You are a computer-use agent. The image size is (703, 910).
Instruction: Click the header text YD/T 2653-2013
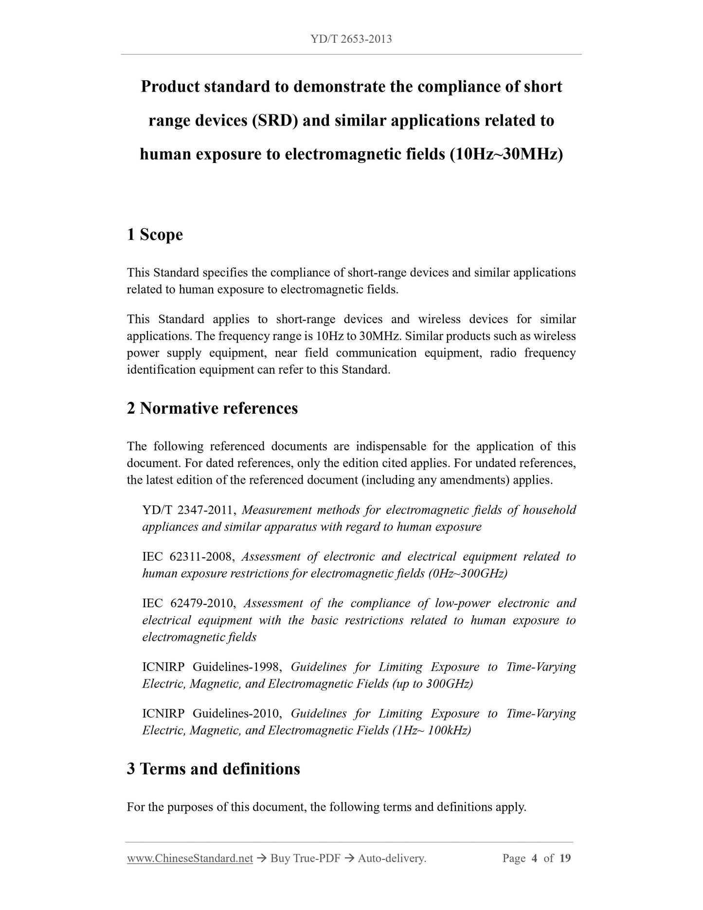coord(351,39)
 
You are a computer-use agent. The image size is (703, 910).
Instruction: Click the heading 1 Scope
coord(155,235)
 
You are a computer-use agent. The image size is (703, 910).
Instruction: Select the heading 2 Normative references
coord(212,408)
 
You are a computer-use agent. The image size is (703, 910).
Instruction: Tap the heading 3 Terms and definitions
coord(213,769)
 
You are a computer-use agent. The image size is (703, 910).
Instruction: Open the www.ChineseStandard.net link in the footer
coord(190,858)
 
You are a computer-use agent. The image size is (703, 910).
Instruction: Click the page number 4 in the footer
coord(534,858)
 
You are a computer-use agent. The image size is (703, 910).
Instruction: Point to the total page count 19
coord(565,858)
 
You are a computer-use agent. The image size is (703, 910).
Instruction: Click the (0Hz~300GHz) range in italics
coord(468,574)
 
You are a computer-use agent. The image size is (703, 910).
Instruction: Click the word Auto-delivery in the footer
coord(392,858)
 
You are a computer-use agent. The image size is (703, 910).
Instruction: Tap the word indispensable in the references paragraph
coord(391,446)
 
